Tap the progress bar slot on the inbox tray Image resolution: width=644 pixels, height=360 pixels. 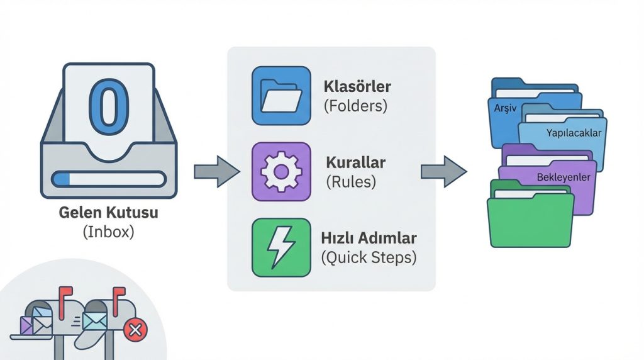click(x=109, y=179)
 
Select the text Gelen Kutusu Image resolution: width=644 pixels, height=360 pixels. click(x=108, y=213)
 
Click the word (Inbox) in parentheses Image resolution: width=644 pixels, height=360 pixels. click(x=108, y=232)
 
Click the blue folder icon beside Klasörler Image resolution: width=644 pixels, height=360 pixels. click(x=280, y=95)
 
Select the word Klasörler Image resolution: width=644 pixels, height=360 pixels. click(x=357, y=86)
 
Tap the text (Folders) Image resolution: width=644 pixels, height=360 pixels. click(x=355, y=105)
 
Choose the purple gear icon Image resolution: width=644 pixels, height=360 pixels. click(x=280, y=171)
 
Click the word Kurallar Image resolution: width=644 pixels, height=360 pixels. click(x=355, y=162)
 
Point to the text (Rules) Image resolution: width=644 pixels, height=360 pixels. click(x=350, y=182)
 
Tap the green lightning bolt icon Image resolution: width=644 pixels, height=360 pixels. click(x=280, y=247)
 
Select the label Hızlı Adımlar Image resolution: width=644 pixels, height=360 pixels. click(x=369, y=239)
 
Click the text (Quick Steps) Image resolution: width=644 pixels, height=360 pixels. click(x=369, y=257)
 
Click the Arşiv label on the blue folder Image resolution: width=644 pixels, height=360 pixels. click(x=505, y=108)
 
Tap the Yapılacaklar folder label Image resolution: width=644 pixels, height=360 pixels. click(x=574, y=133)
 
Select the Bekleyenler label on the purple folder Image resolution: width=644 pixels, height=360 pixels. click(x=563, y=177)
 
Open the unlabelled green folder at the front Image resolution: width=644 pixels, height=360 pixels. click(x=530, y=220)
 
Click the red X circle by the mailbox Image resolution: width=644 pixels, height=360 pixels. click(x=134, y=329)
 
